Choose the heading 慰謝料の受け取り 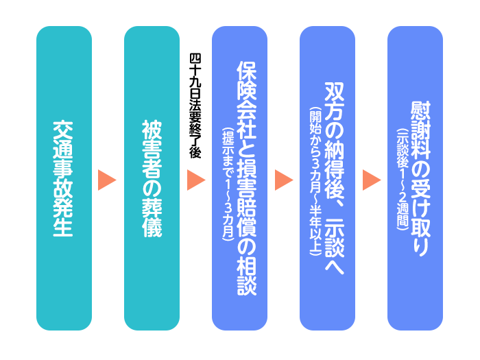(420, 179)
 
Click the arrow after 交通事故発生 (108, 180)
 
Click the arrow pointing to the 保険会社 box (196, 180)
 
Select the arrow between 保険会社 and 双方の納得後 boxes (284, 180)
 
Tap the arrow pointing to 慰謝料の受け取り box (372, 180)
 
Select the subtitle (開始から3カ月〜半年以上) (315, 181)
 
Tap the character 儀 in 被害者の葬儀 (152, 228)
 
